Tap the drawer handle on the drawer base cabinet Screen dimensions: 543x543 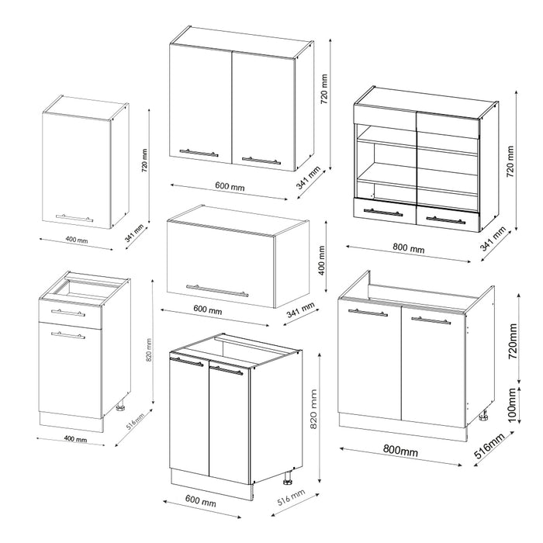click(66, 312)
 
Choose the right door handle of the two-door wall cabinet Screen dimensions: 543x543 click(261, 160)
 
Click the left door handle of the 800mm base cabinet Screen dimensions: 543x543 click(368, 313)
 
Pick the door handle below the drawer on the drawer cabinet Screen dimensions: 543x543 click(67, 334)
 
